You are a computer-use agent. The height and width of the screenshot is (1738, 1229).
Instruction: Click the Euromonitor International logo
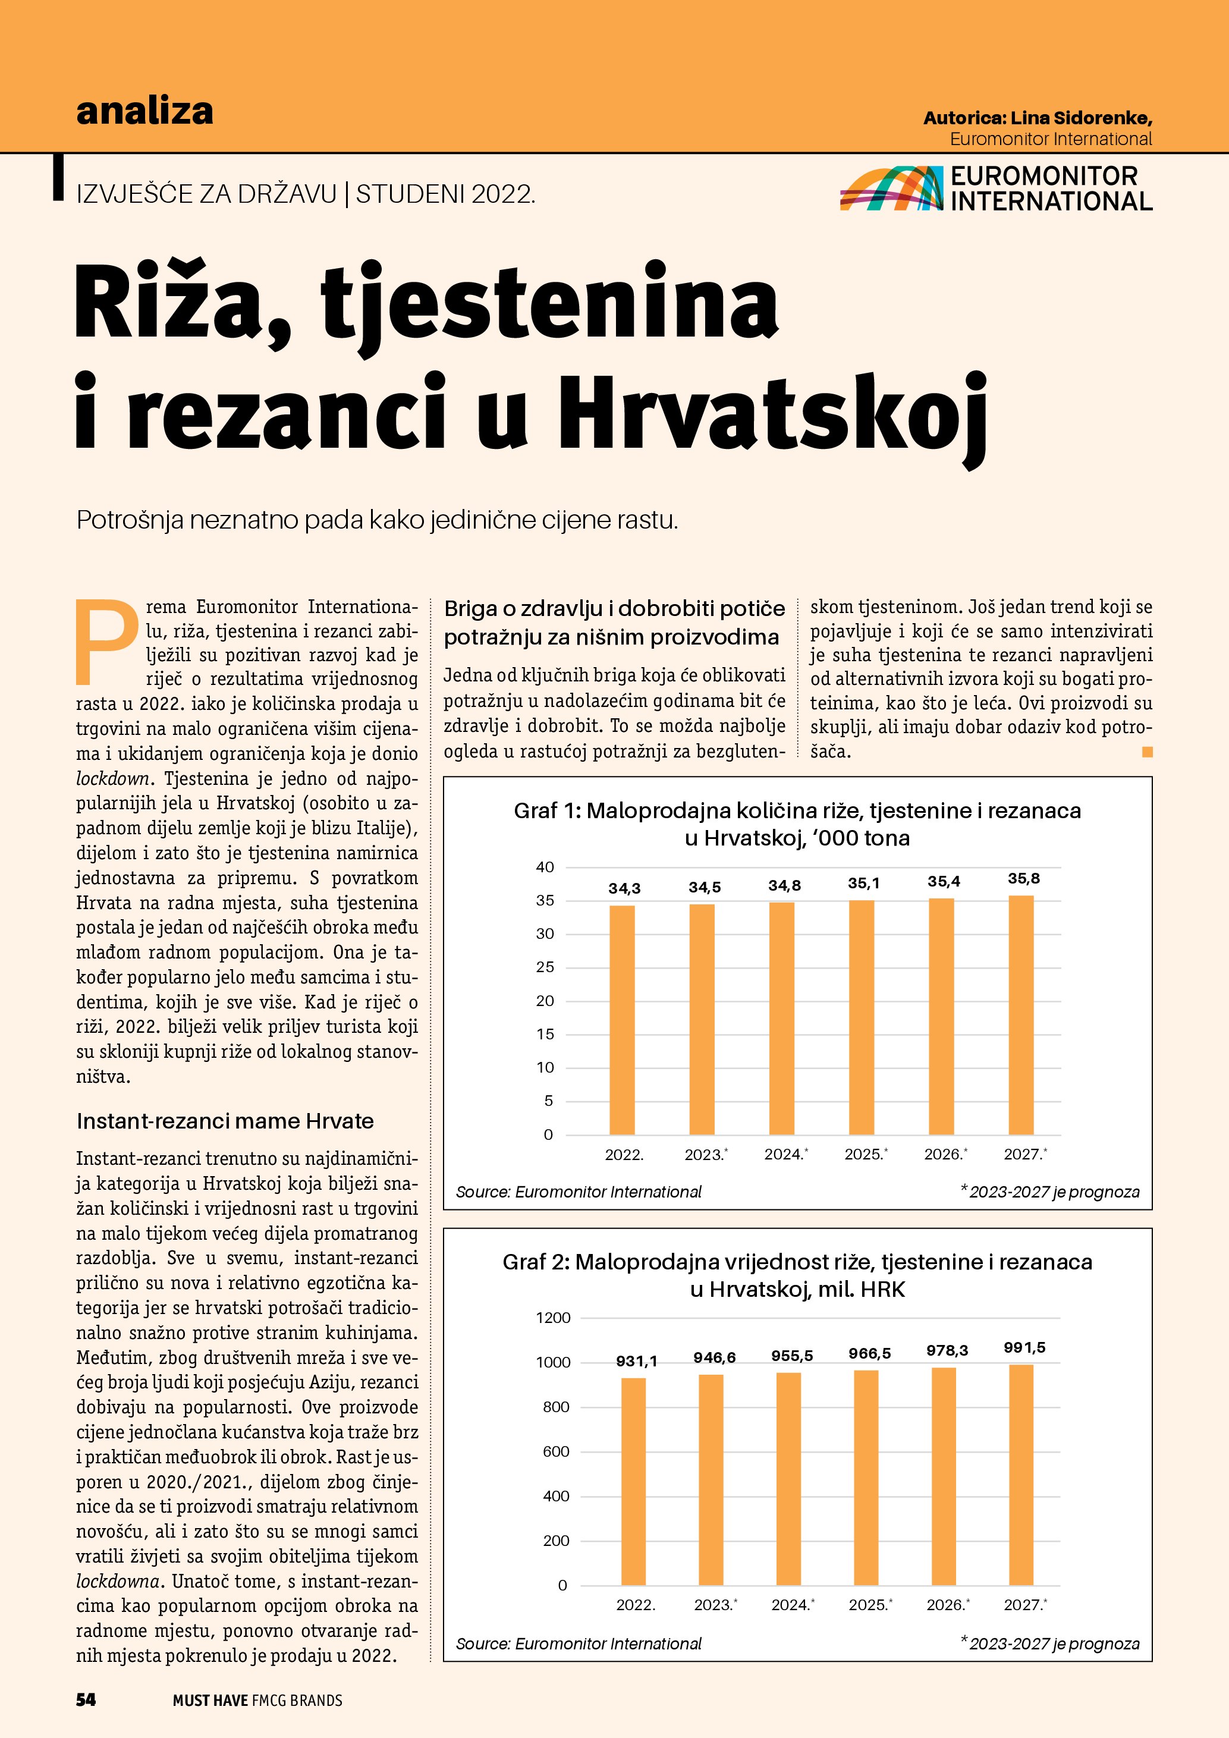tap(996, 188)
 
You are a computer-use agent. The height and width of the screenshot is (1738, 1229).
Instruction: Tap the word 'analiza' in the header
tap(144, 111)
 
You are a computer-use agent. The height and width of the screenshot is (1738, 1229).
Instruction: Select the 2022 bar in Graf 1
tap(622, 1019)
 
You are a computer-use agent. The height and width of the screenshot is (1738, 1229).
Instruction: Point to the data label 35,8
tap(1023, 879)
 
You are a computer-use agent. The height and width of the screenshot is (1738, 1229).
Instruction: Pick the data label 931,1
tap(636, 1361)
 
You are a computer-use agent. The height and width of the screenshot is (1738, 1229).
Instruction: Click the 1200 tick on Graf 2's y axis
tap(553, 1318)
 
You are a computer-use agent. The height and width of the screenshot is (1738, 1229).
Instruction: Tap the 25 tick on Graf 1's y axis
tap(545, 967)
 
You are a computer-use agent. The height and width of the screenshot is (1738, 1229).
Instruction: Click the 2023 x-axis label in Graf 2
tap(715, 1605)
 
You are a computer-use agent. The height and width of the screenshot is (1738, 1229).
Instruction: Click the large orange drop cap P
tap(106, 640)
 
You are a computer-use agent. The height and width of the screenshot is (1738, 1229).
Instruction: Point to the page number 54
tap(86, 1699)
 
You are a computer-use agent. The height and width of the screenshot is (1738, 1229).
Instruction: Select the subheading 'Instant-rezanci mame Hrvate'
tap(225, 1121)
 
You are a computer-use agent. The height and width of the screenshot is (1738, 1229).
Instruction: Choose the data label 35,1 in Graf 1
tap(863, 882)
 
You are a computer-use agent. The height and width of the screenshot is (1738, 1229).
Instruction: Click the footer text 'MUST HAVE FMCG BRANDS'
tap(257, 1700)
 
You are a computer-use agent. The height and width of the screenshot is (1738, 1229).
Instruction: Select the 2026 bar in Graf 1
tap(941, 1016)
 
